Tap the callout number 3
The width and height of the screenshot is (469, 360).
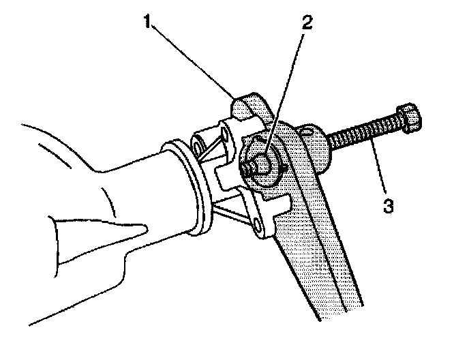[388, 205]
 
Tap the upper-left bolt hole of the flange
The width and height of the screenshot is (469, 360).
[198, 147]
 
